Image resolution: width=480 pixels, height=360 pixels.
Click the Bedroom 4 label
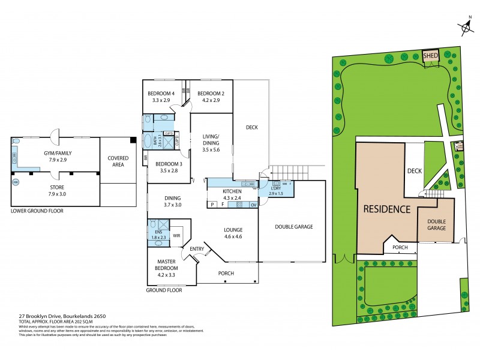(x=161, y=94)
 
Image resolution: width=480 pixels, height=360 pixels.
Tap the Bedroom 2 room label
(x=211, y=94)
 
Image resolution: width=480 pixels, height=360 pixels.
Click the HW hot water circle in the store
(x=15, y=181)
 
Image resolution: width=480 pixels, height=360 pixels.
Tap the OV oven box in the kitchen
(x=253, y=205)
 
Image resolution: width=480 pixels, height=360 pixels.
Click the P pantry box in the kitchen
(x=212, y=205)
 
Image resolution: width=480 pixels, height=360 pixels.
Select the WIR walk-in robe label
(x=176, y=236)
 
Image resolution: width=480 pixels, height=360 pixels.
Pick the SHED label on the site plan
(x=431, y=56)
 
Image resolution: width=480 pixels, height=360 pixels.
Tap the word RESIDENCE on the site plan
(x=386, y=210)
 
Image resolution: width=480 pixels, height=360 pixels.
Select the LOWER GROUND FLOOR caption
(x=37, y=211)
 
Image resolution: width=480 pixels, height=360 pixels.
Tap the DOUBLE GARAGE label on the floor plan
(x=294, y=226)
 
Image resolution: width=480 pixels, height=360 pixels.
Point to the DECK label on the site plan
(x=415, y=171)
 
